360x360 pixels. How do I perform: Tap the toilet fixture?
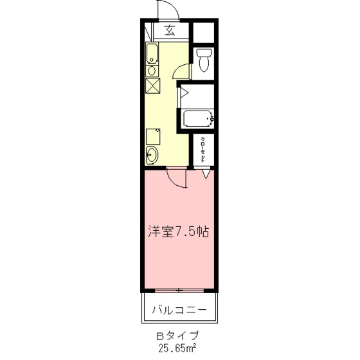tap(204, 59)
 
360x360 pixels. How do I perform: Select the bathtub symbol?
tap(197, 118)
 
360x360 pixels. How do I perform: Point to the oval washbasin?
tap(152, 154)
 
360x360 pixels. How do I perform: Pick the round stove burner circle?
tap(152, 71)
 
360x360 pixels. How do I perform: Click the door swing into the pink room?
tap(176, 179)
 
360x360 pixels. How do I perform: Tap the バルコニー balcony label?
tap(179, 310)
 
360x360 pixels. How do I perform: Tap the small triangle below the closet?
tap(206, 173)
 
